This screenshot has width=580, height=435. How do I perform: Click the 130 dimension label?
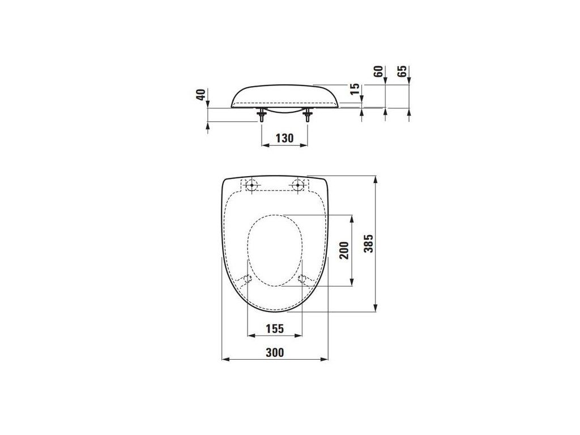pyautogui.click(x=284, y=138)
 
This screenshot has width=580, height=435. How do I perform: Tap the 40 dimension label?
pyautogui.click(x=201, y=95)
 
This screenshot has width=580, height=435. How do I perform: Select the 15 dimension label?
pyautogui.click(x=355, y=88)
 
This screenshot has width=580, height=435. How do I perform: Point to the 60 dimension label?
pyautogui.click(x=378, y=71)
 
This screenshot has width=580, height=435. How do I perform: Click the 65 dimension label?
pyautogui.click(x=402, y=71)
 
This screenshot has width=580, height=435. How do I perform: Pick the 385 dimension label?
pyautogui.click(x=368, y=244)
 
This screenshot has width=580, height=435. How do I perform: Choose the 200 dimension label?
pyautogui.click(x=344, y=250)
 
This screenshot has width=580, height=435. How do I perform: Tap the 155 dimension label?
pyautogui.click(x=275, y=329)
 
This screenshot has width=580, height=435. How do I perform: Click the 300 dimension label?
pyautogui.click(x=275, y=352)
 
